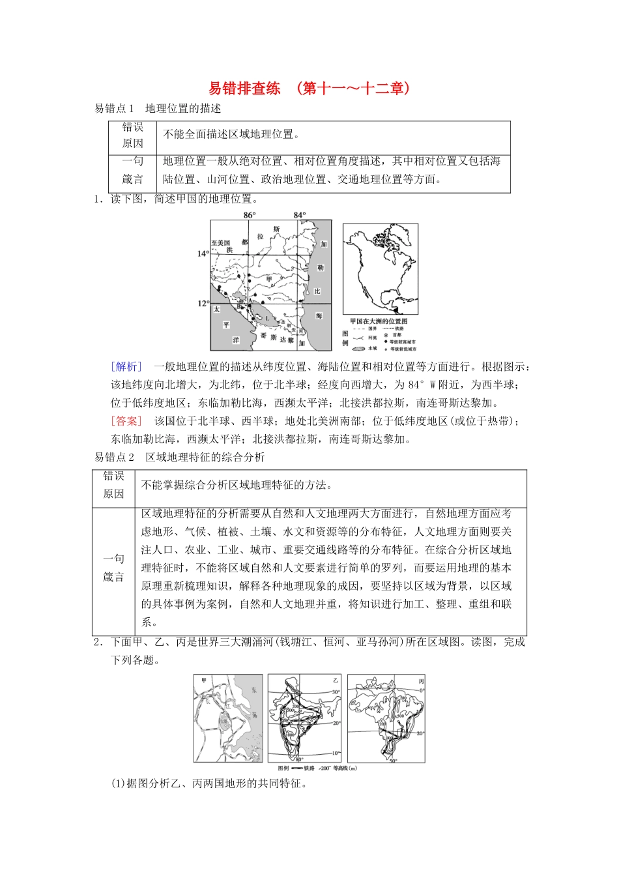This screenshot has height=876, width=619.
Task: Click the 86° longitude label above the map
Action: coord(250,215)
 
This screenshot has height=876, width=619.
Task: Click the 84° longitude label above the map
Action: coord(299,215)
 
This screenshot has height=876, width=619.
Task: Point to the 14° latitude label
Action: coord(203,254)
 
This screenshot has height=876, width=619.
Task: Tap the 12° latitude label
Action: coord(203,303)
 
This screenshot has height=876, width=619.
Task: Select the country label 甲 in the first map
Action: coord(269,279)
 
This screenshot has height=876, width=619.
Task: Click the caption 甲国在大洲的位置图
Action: coord(379,321)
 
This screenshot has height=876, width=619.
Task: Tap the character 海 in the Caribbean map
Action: coord(319,315)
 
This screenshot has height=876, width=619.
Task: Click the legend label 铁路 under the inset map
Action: coord(399,328)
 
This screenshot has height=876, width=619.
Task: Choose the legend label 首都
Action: coord(397,335)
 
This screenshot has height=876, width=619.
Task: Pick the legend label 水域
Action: coord(372,348)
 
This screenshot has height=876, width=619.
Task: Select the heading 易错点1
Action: coord(114,108)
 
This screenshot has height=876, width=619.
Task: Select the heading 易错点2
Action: coord(114,458)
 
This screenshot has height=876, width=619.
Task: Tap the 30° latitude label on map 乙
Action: coord(336,693)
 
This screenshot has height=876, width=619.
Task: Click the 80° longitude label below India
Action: coord(299,759)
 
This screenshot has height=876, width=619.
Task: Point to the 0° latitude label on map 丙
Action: coord(422,690)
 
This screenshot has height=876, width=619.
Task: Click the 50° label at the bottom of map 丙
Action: coord(393,760)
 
